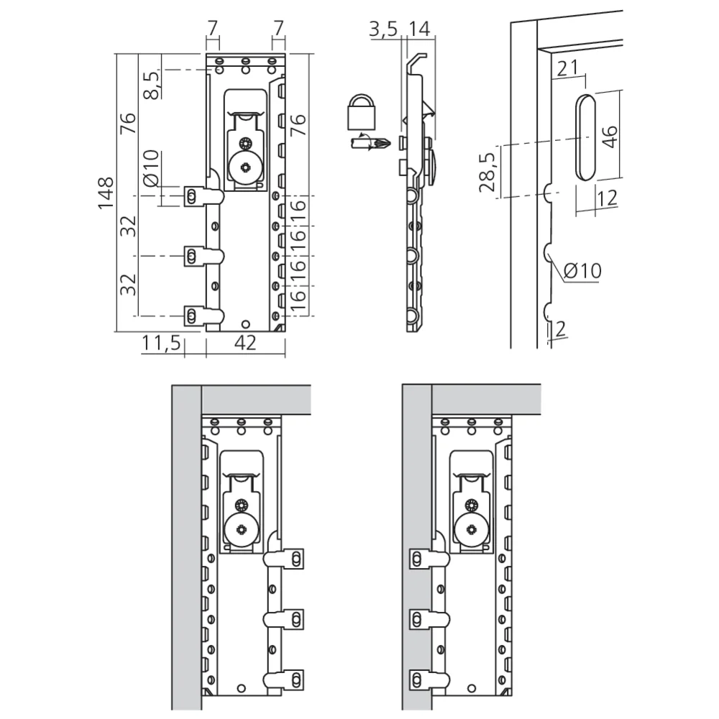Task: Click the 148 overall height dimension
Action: [x=106, y=193]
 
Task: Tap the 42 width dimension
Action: [x=246, y=344]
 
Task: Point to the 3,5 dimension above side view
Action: [x=383, y=29]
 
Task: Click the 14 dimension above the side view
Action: [x=419, y=29]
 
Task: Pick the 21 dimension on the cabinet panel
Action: [x=568, y=68]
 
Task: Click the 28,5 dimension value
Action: [x=487, y=171]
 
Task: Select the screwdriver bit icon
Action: [x=369, y=143]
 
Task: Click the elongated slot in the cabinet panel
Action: [x=585, y=136]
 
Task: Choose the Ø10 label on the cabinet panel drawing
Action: [x=582, y=270]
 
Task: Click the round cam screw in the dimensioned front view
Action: [x=245, y=170]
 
